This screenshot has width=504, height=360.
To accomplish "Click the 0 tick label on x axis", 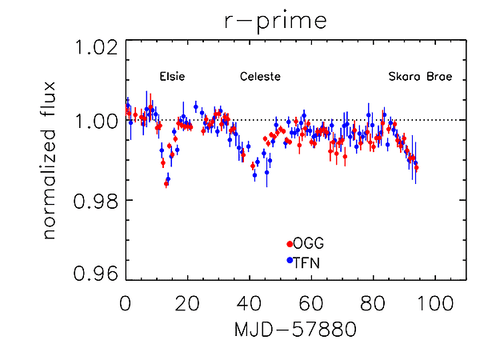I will point(126,304).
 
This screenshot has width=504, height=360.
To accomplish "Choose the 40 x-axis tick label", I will point(250,304).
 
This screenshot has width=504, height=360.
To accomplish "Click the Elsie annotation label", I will point(173,78).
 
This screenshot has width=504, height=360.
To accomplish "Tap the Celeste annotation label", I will point(261,78).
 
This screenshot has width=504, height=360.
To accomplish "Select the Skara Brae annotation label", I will point(420,78).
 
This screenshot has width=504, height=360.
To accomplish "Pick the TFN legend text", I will point(307,261).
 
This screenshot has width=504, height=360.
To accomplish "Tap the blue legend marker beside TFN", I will point(289,261).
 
